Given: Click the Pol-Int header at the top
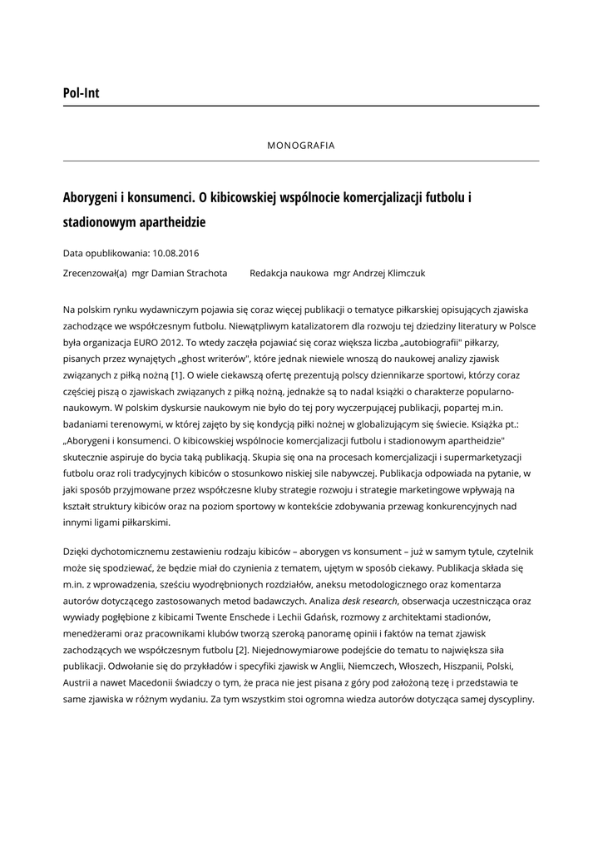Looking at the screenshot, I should [x=81, y=93].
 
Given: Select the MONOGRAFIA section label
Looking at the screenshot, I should [x=301, y=146].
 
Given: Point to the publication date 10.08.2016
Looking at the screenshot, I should [x=176, y=253].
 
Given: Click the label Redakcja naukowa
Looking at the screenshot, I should [x=289, y=273].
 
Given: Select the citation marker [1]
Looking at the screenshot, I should [x=176, y=375].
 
